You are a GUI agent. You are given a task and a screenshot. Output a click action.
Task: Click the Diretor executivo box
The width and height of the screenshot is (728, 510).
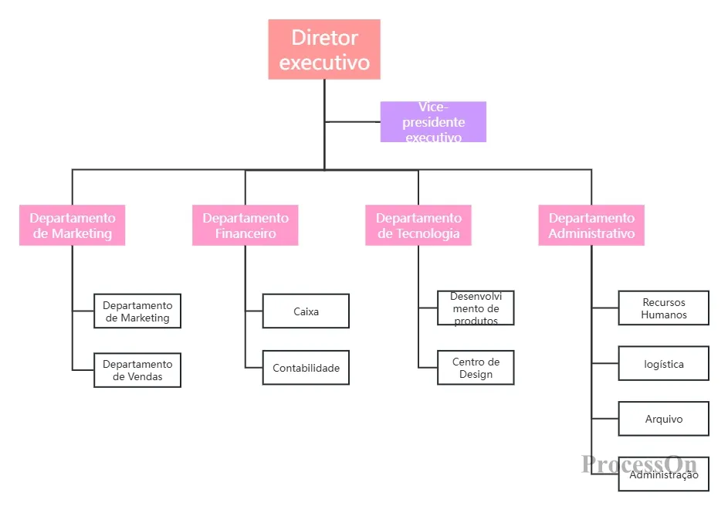(x=324, y=49)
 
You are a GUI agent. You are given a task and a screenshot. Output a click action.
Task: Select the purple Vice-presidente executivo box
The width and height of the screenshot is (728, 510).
(x=433, y=122)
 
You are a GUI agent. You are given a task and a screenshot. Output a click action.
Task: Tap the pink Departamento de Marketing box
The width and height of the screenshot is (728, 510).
(x=73, y=225)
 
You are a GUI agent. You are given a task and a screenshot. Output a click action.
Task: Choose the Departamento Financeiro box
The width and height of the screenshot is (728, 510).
(x=245, y=225)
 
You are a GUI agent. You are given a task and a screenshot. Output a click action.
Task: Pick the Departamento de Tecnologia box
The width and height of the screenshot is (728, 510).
(x=418, y=225)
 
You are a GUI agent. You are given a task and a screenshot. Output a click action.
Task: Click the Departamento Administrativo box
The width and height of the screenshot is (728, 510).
(x=591, y=225)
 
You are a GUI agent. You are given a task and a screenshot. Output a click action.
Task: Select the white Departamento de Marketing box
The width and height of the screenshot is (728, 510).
(x=137, y=311)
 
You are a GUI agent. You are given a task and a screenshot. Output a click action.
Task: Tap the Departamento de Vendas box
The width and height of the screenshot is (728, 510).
(x=137, y=370)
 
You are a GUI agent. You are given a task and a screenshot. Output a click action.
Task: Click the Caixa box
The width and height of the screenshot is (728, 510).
(x=306, y=311)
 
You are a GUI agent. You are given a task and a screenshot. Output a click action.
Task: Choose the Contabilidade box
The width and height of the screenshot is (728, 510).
(x=306, y=368)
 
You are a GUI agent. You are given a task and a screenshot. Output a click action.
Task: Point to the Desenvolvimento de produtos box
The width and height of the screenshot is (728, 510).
(x=476, y=308)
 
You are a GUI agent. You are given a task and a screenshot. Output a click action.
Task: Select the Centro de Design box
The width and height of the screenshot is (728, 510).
(x=476, y=368)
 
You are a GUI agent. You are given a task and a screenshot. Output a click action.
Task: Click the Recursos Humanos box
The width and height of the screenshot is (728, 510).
(x=664, y=308)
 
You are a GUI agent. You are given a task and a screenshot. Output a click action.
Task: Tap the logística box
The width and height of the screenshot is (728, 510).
(x=664, y=363)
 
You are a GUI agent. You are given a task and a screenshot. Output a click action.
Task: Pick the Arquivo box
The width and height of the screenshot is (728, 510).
(x=664, y=419)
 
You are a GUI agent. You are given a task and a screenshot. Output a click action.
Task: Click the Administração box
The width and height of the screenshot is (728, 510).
(x=664, y=474)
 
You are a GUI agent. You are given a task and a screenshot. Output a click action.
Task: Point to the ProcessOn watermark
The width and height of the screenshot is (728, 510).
(x=639, y=464)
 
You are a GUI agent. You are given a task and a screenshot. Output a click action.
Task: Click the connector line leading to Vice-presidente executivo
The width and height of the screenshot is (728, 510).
(x=352, y=122)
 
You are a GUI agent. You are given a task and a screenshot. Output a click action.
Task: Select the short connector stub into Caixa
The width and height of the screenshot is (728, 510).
(x=254, y=311)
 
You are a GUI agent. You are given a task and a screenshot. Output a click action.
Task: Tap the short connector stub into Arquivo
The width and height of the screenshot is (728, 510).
(x=605, y=419)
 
